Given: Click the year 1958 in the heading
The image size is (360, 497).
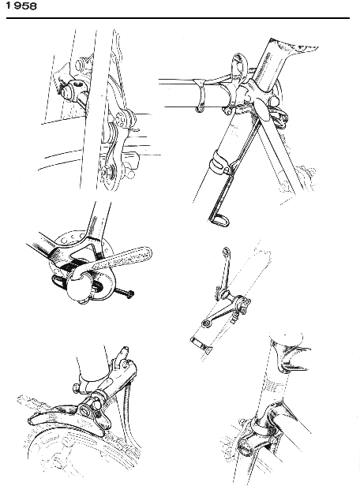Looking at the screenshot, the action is [21, 6].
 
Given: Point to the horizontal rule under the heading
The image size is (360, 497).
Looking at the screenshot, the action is [178, 18].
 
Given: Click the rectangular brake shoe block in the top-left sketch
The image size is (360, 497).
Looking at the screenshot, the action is [129, 160].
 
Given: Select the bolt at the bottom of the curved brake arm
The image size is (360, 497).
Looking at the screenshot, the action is [104, 172].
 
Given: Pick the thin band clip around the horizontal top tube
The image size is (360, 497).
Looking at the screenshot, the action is [200, 95].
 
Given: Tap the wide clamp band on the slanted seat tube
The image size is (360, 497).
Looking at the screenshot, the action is [219, 163].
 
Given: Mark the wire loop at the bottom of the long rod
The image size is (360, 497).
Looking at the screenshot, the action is [219, 220].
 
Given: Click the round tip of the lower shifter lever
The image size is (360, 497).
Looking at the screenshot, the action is [206, 323].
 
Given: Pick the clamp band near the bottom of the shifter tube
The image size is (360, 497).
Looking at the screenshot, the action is [201, 344].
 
